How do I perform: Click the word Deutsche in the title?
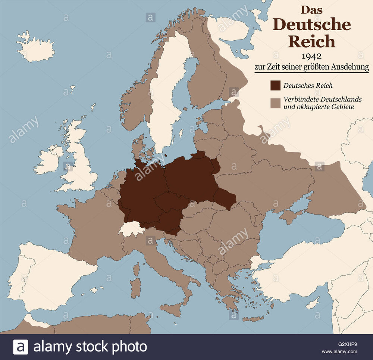point(312,25)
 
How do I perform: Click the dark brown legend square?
point(275,85)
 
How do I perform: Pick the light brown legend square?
point(275,103)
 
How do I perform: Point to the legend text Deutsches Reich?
point(308,85)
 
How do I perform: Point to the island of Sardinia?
point(136,288)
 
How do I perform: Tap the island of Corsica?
point(137,269)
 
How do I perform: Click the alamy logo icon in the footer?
point(21,347)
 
